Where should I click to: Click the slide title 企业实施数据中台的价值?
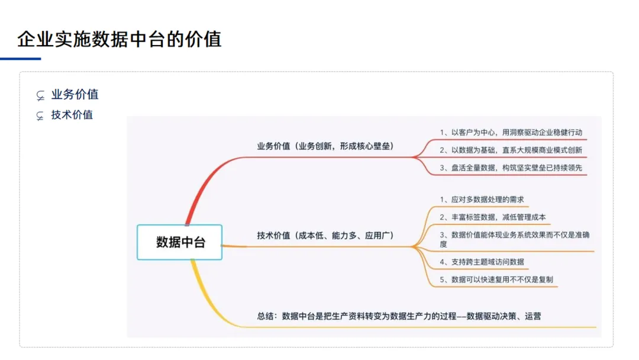[119, 40]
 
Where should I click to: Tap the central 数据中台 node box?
[180, 242]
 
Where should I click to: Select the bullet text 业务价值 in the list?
[75, 94]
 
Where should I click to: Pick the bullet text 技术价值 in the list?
[72, 115]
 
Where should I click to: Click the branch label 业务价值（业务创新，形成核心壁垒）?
[325, 146]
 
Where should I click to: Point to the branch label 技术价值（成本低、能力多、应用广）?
[325, 235]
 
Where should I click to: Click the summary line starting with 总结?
[399, 316]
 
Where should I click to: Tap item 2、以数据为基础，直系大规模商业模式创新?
[511, 150]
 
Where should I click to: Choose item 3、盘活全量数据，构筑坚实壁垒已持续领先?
[511, 168]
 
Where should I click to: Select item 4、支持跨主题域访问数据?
[481, 262]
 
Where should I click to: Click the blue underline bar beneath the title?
[21, 59]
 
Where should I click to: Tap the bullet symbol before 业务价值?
[40, 95]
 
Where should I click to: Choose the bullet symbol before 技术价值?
[40, 116]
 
